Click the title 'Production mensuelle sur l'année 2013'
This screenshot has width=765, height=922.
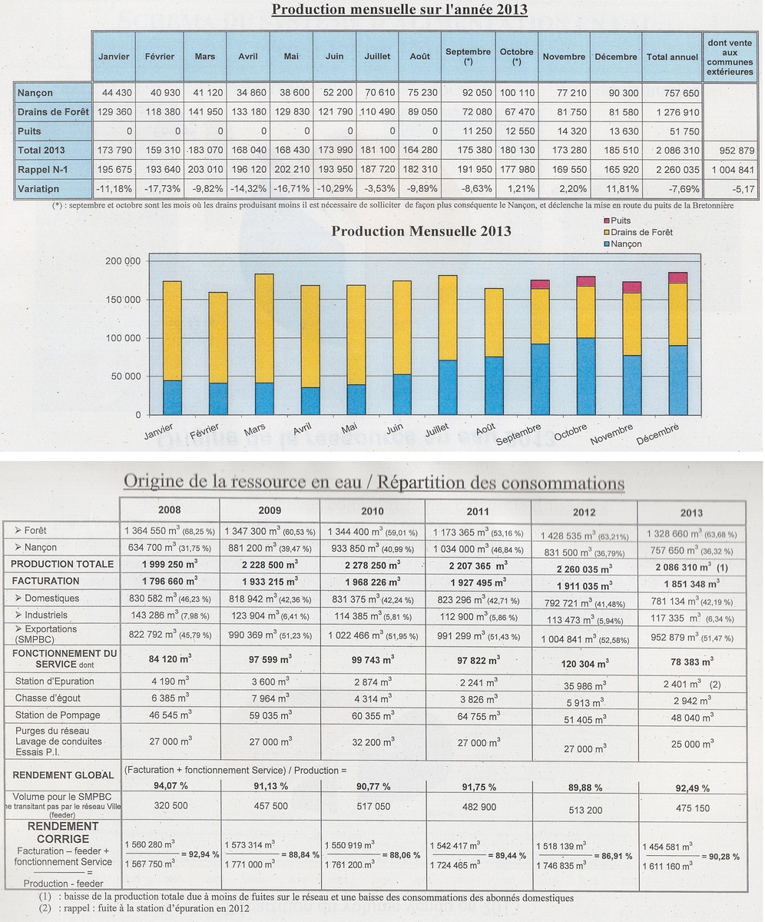(x=399, y=8)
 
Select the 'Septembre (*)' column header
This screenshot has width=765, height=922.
(x=468, y=57)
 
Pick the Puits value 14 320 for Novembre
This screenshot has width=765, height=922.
(x=571, y=131)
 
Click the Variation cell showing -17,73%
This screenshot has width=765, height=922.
(x=162, y=189)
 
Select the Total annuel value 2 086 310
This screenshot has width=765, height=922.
(x=677, y=151)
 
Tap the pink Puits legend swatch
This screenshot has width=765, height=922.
(x=607, y=221)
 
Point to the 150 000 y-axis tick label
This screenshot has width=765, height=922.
(x=123, y=300)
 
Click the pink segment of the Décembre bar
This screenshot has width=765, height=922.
(x=677, y=277)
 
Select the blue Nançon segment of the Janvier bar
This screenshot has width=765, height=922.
(x=172, y=397)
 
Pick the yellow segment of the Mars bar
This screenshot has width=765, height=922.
(x=264, y=329)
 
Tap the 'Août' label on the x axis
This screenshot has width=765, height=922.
(x=485, y=429)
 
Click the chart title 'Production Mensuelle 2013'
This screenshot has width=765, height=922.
(x=421, y=231)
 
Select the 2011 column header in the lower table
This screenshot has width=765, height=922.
(x=478, y=512)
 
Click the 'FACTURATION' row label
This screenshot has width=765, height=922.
(x=45, y=581)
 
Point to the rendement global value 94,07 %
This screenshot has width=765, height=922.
(x=171, y=786)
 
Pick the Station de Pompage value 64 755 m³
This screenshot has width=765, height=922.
(x=479, y=716)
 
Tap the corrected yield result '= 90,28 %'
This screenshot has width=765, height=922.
(x=720, y=857)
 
